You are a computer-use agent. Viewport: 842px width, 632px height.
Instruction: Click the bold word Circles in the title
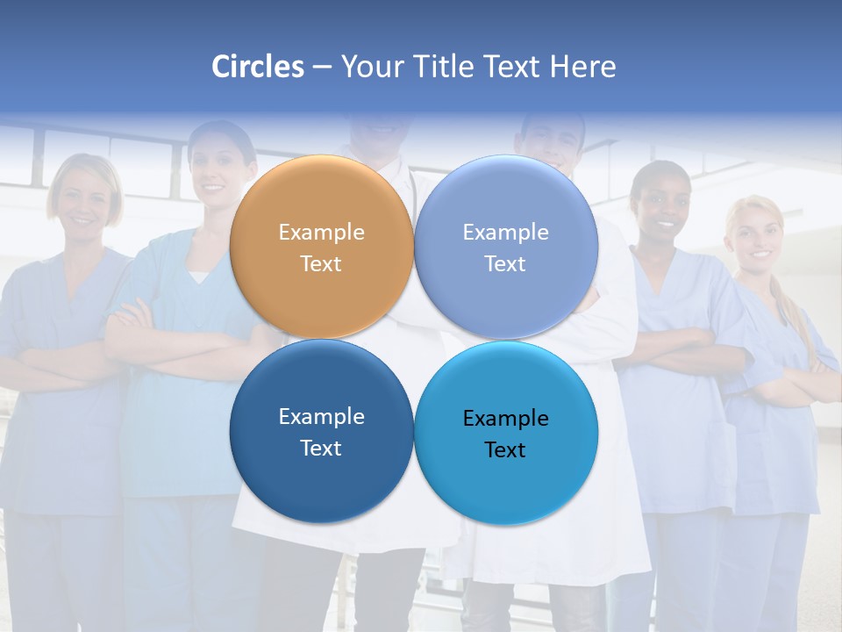[x=258, y=67]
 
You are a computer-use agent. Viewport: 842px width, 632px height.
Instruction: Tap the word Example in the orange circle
[x=321, y=232]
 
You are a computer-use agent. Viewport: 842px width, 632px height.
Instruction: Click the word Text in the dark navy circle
[x=321, y=448]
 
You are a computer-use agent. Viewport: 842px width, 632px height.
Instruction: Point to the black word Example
[x=505, y=418]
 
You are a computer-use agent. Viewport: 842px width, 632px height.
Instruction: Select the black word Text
[x=505, y=449]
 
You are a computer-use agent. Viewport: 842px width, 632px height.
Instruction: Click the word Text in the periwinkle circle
[x=505, y=263]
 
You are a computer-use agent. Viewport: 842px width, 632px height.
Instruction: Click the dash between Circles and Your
[x=321, y=68]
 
